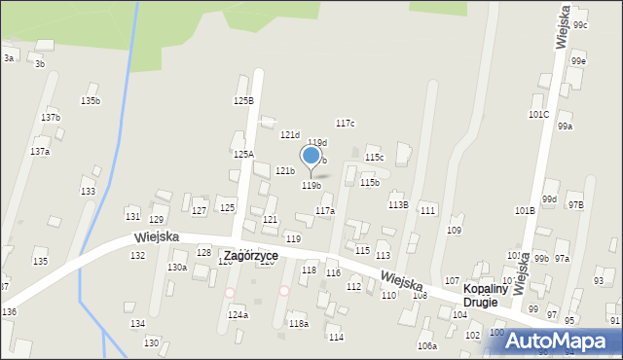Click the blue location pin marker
(311, 156)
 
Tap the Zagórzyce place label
(250, 256)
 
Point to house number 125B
(243, 100)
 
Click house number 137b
(51, 117)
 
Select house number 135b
(90, 100)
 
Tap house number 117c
(345, 123)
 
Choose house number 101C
(538, 114)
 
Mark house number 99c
(580, 24)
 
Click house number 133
(88, 192)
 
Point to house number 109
(454, 230)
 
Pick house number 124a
(238, 314)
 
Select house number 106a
(427, 345)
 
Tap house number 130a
(177, 267)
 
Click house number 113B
(397, 204)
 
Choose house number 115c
(374, 157)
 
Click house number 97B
(575, 204)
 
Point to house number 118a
(298, 323)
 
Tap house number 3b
(40, 63)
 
